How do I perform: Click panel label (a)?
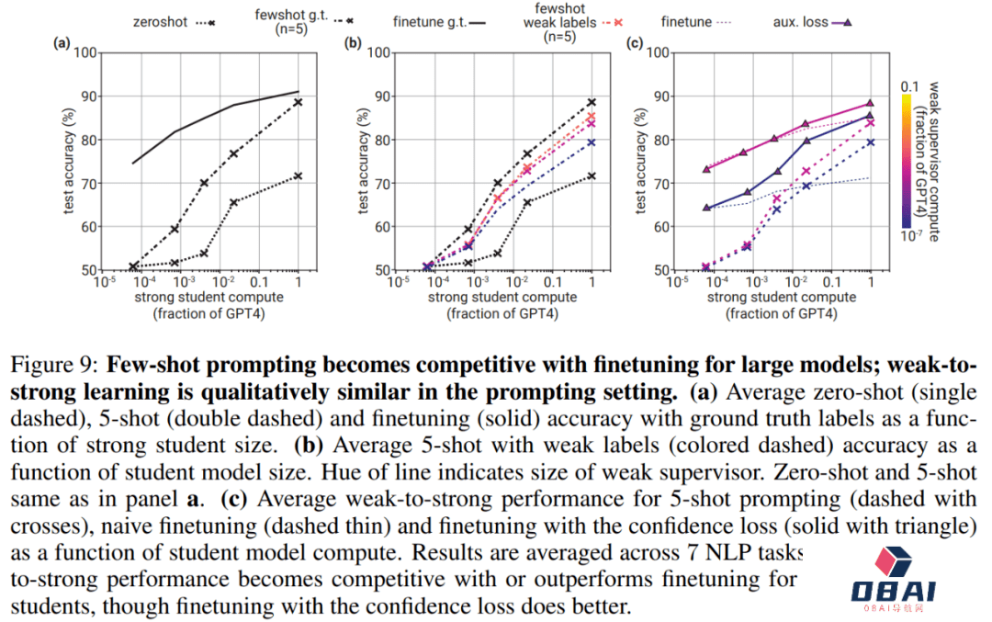click(62, 42)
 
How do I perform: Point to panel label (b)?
click(352, 42)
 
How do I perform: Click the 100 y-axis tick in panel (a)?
click(85, 52)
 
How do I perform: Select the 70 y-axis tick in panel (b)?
click(378, 183)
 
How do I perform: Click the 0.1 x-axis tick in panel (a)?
click(258, 282)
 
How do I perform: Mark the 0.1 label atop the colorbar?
click(908, 85)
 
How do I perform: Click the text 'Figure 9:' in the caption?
click(67, 363)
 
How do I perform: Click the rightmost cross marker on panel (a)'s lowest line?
click(298, 175)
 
